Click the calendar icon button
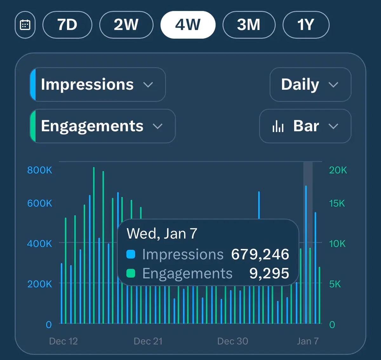pyautogui.click(x=25, y=25)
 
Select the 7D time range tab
pyautogui.click(x=67, y=25)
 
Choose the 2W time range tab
pyautogui.click(x=126, y=25)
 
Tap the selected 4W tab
pyautogui.click(x=188, y=25)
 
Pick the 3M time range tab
pyautogui.click(x=249, y=25)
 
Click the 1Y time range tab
pyautogui.click(x=306, y=25)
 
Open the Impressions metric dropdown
pyautogui.click(x=98, y=85)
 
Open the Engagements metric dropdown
pyautogui.click(x=102, y=126)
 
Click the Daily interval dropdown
pyautogui.click(x=310, y=85)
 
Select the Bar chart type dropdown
pyautogui.click(x=305, y=126)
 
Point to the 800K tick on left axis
pyautogui.click(x=40, y=170)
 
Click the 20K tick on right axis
pyautogui.click(x=338, y=170)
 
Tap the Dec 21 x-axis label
pyautogui.click(x=148, y=341)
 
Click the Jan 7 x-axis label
pyautogui.click(x=308, y=341)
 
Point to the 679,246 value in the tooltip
pyautogui.click(x=260, y=254)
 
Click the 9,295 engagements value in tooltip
pyautogui.click(x=269, y=273)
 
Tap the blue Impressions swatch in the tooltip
pyautogui.click(x=131, y=254)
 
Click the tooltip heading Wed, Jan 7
pyautogui.click(x=162, y=234)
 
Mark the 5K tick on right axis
pyautogui.click(x=335, y=284)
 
